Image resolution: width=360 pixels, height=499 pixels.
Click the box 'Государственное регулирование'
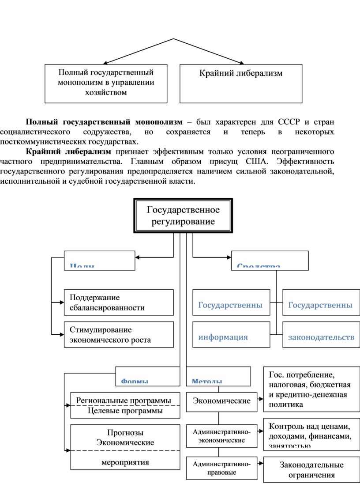183,215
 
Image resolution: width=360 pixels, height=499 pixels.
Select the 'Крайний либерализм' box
241,83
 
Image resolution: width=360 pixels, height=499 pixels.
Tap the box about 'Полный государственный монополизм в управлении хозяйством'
106,83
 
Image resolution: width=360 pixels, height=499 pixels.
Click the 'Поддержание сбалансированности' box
119,302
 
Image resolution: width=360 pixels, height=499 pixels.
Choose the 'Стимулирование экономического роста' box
119,335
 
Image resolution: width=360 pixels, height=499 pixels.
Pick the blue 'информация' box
231,335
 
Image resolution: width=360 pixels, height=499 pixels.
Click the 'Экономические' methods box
221,401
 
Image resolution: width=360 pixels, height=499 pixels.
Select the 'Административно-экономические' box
221,435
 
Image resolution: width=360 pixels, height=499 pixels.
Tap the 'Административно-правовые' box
221,468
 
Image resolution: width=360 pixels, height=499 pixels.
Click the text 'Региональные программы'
124,400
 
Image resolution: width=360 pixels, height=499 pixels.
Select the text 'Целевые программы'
125,411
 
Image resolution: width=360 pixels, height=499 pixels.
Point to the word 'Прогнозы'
125,432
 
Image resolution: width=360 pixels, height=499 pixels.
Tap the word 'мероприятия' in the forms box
125,462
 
